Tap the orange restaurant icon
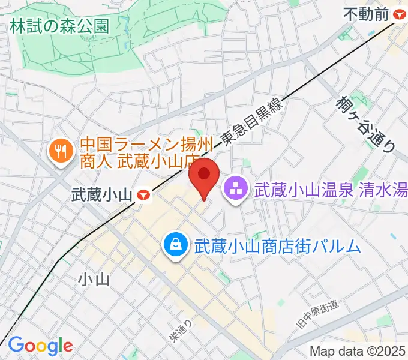coord(60,151)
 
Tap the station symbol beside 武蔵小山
coord(143,194)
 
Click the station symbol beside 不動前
coord(399,14)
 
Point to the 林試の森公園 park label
coord(59,26)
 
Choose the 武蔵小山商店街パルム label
coord(277,245)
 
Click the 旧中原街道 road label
coord(317,315)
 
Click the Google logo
coord(40,345)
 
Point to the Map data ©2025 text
coord(358,351)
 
